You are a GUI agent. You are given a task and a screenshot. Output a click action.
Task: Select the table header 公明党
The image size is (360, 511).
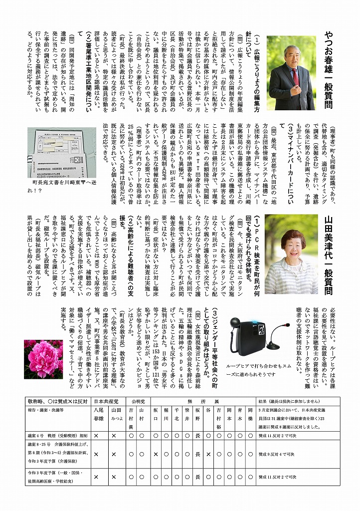137,401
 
